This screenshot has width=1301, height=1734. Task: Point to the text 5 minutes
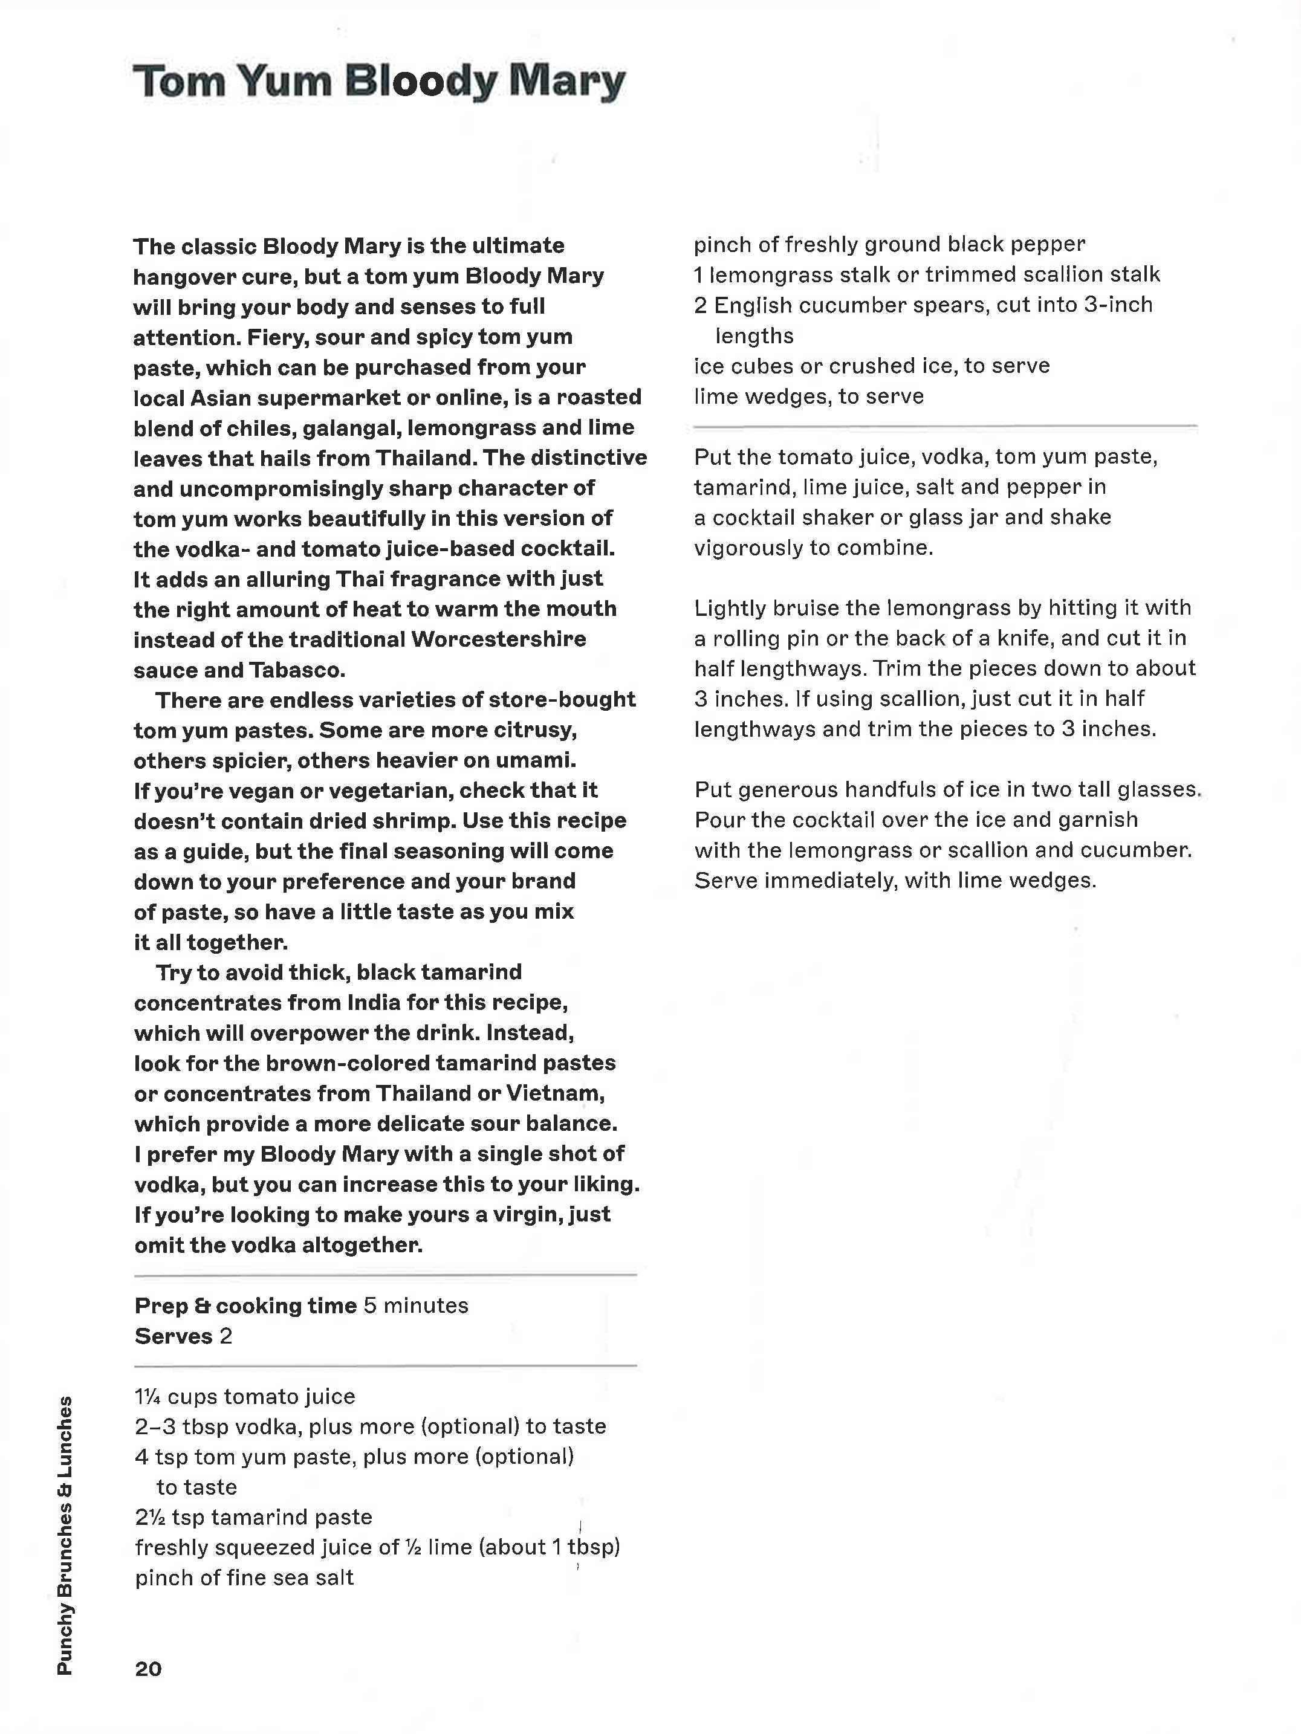pos(415,1305)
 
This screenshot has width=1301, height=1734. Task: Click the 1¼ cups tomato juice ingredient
pos(245,1396)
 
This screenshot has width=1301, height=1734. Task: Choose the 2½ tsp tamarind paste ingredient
pos(253,1517)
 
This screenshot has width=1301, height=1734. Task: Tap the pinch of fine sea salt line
pos(244,1577)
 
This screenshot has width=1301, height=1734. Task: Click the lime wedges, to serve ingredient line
pos(808,396)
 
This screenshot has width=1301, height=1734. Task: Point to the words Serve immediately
pos(794,881)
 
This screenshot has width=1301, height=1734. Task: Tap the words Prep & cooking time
pos(245,1305)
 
